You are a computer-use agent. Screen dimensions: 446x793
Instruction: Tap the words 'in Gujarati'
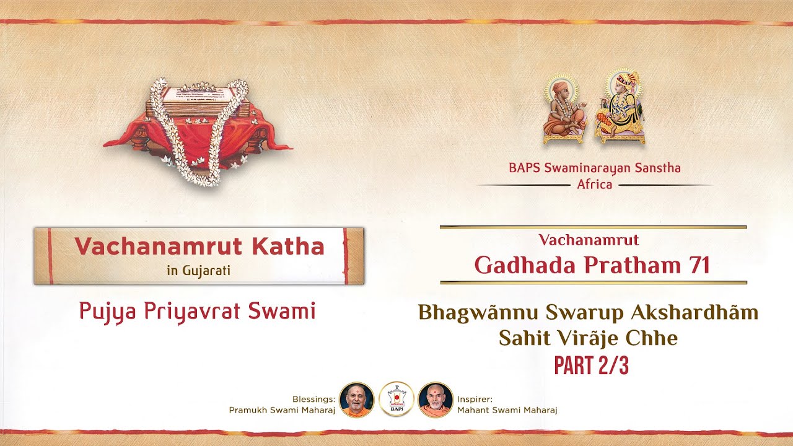198,271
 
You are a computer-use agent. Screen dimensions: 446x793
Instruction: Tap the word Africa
594,185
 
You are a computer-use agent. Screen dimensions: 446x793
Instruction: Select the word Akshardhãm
694,313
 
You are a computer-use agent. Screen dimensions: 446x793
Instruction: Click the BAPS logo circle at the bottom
396,400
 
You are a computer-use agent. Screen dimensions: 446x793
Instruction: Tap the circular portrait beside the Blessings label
357,400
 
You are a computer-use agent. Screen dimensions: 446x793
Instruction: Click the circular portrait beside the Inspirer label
436,400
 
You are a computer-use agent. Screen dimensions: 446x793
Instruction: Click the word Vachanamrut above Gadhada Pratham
589,240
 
